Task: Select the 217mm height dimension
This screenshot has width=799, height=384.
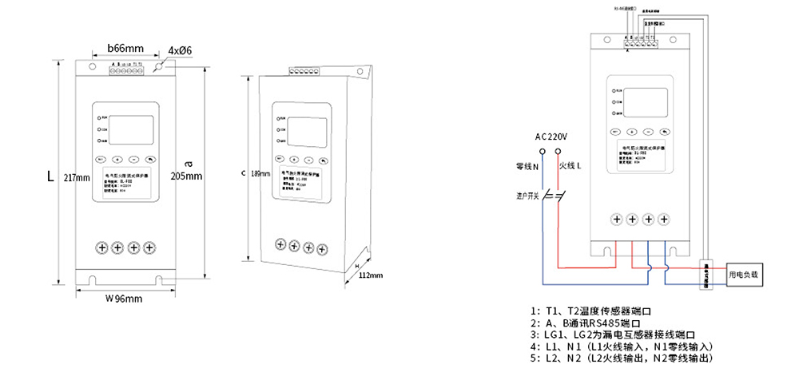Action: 77,176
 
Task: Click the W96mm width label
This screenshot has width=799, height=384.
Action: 124,299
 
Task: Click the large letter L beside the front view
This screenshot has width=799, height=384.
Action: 50,175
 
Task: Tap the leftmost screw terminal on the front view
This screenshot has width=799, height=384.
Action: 102,247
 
